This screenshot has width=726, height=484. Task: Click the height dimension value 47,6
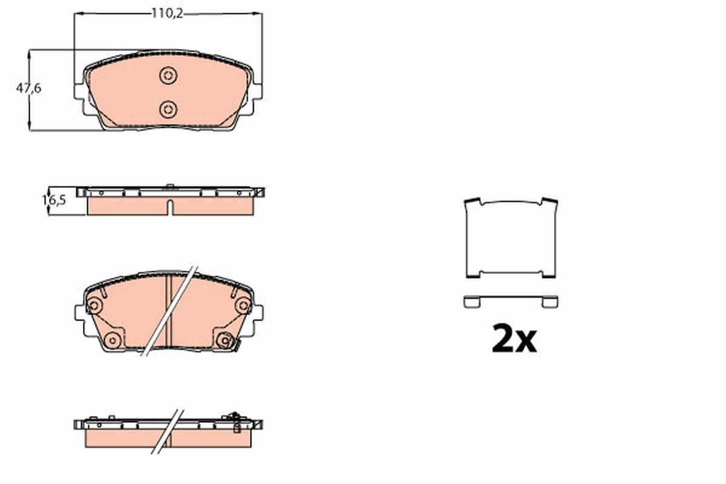click(x=28, y=88)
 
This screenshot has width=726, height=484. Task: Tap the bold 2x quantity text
click(x=514, y=339)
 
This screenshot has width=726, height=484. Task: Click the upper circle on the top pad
click(x=168, y=76)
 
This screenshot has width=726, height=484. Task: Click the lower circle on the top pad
click(x=168, y=109)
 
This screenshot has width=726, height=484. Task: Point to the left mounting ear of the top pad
click(x=79, y=90)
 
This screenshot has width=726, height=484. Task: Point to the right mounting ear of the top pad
click(x=258, y=90)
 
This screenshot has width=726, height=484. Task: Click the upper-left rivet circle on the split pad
click(x=94, y=306)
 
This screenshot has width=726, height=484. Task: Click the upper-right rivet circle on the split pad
click(x=243, y=306)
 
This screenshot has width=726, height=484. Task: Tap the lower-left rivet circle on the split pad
click(x=111, y=340)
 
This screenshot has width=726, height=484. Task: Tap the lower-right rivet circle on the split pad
click(x=224, y=341)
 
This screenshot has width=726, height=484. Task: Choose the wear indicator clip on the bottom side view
click(x=235, y=421)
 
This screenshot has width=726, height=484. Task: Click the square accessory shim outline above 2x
click(x=511, y=238)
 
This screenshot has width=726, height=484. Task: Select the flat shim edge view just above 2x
click(x=511, y=301)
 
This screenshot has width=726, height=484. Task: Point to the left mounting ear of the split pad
click(x=79, y=313)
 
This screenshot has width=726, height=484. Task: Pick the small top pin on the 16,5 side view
click(x=170, y=186)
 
